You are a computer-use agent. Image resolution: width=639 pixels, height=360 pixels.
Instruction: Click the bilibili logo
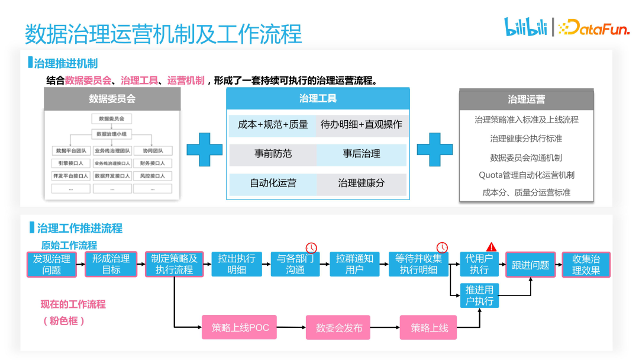click(525, 27)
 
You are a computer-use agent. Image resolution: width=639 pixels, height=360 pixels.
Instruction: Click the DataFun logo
click(593, 27)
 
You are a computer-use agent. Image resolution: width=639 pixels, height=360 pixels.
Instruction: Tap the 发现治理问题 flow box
click(51, 264)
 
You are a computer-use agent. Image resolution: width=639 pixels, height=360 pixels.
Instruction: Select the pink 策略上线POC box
click(240, 327)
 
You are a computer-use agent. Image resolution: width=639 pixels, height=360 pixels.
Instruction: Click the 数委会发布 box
click(338, 327)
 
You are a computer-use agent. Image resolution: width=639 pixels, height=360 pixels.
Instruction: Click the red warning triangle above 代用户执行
click(491, 246)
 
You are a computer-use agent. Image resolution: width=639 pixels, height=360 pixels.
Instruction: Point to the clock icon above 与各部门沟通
click(311, 247)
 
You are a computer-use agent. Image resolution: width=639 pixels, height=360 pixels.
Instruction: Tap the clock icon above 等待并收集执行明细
click(442, 247)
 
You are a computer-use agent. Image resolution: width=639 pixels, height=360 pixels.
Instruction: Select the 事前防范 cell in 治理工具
click(273, 154)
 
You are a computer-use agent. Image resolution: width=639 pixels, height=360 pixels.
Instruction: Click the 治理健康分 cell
click(361, 184)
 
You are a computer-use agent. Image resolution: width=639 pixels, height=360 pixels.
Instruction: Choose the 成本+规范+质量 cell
click(273, 124)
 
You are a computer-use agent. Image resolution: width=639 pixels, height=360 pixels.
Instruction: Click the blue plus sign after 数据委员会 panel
click(204, 150)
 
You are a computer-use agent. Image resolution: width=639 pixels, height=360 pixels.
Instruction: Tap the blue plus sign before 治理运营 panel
click(435, 150)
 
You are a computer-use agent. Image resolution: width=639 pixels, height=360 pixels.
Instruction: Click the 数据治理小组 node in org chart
click(111, 134)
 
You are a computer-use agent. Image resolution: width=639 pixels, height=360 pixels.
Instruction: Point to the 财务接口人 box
click(153, 163)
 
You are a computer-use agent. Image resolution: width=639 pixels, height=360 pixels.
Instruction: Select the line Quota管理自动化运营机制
click(526, 175)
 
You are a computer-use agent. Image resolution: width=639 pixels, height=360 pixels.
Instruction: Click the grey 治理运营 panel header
click(526, 99)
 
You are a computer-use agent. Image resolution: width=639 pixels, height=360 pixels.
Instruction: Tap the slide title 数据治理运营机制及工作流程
click(163, 34)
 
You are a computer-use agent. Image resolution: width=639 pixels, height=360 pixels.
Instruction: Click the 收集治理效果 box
click(586, 264)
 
